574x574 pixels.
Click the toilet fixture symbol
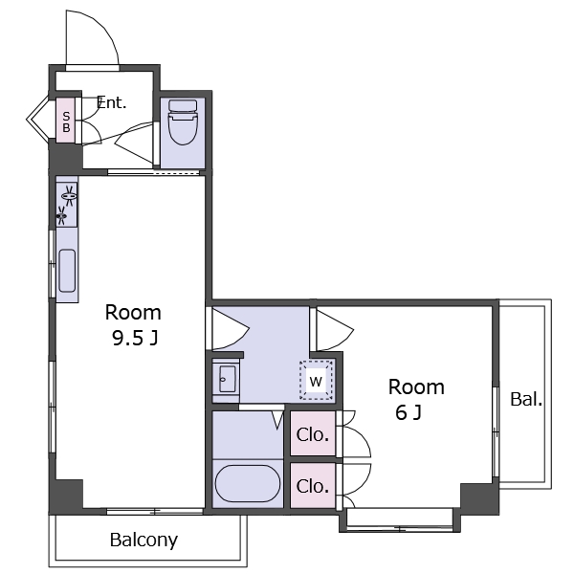coord(183,121)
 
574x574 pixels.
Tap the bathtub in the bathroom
coord(248,483)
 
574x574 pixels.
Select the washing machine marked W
coord(316,381)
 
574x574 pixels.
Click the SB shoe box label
coord(66,121)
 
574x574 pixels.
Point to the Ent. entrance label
coord(111,103)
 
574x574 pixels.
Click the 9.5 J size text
coord(135,339)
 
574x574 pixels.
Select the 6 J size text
coord(408,412)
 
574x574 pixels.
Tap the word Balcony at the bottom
coord(143,540)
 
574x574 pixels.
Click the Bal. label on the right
coord(526,399)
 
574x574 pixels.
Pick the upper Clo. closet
coord(313,433)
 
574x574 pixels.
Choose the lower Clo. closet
coord(313,486)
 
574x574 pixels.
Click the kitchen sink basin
coord(67,271)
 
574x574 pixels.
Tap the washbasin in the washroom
coord(227,379)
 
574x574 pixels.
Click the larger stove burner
coord(69,196)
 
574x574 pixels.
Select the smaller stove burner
coord(62,215)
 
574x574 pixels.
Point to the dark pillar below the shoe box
coord(66,157)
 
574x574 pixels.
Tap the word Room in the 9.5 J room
coord(133,313)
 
